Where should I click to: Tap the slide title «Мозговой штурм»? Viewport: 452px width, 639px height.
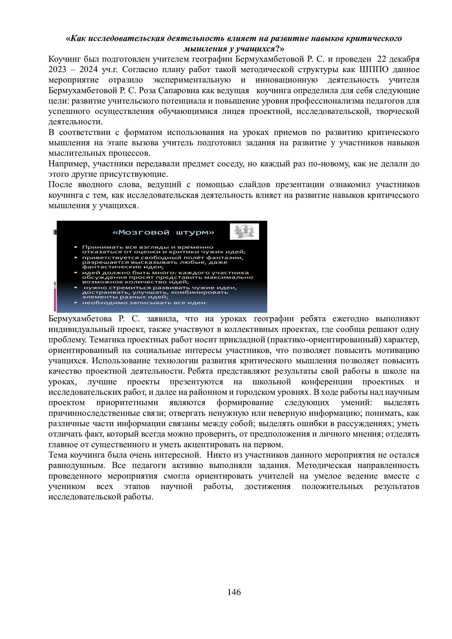pos(163,232)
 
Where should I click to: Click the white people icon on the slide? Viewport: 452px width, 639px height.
pos(244,231)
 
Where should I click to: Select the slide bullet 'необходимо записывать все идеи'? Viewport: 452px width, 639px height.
pos(145,302)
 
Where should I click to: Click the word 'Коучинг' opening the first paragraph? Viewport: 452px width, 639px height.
pos(64,59)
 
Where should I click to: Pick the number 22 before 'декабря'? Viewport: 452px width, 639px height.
pos(382,59)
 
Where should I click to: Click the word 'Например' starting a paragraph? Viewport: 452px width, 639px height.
pos(69,164)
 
